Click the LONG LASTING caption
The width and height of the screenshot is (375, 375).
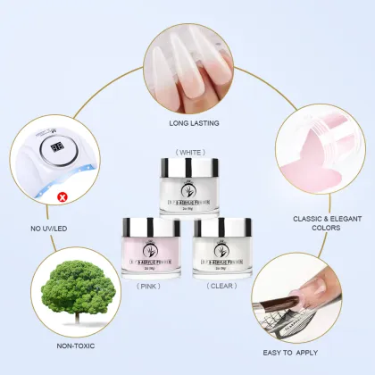pos(194,123)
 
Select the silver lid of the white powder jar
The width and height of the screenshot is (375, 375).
pos(189,166)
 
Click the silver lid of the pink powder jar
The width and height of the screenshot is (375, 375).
pos(150,223)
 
